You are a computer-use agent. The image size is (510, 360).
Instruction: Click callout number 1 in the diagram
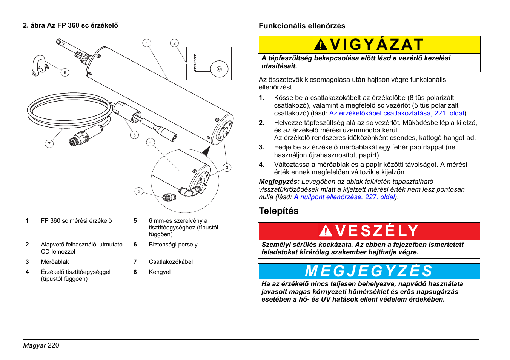tap(147, 43)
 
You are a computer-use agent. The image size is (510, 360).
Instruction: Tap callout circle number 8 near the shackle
tap(65, 72)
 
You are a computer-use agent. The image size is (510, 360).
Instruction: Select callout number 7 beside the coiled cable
tap(49, 143)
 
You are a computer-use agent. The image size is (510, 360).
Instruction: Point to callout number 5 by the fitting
tap(139, 191)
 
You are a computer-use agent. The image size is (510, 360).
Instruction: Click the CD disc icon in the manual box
tap(219, 69)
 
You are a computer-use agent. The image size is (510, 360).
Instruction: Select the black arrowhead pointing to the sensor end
tap(206, 151)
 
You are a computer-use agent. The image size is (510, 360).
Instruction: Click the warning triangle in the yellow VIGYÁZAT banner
tap(321, 45)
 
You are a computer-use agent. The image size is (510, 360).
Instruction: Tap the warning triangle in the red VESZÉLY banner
tap(326, 231)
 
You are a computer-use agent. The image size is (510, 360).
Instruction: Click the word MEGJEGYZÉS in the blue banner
tap(369, 271)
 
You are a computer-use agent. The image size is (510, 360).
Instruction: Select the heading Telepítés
tap(278, 211)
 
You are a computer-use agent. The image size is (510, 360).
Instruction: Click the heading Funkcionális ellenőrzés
tap(302, 26)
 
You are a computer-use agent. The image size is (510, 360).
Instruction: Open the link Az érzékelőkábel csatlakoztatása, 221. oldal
tap(396, 113)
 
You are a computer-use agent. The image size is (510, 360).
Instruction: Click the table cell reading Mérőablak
tap(55, 262)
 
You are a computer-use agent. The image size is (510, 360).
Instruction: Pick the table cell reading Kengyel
tap(160, 272)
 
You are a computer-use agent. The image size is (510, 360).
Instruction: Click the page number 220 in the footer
tap(54, 345)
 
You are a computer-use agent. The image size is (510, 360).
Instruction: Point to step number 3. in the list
tap(262, 148)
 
